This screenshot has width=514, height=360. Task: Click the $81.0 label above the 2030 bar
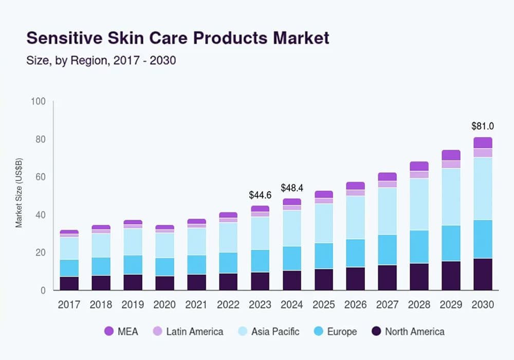pyautogui.click(x=483, y=126)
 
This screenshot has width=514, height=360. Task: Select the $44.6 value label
pyautogui.click(x=260, y=195)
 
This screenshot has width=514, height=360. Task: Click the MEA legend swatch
pyautogui.click(x=109, y=332)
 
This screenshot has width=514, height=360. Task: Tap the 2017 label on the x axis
pyautogui.click(x=69, y=305)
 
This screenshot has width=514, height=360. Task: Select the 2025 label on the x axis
pyautogui.click(x=323, y=305)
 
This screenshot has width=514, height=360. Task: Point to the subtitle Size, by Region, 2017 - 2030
pyautogui.click(x=101, y=61)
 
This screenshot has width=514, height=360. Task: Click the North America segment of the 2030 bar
pyautogui.click(x=483, y=274)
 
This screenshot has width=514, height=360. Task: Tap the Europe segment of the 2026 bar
pyautogui.click(x=355, y=253)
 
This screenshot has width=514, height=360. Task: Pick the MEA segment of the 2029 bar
pyautogui.click(x=451, y=155)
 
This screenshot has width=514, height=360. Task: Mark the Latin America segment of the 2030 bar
pyautogui.click(x=483, y=153)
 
